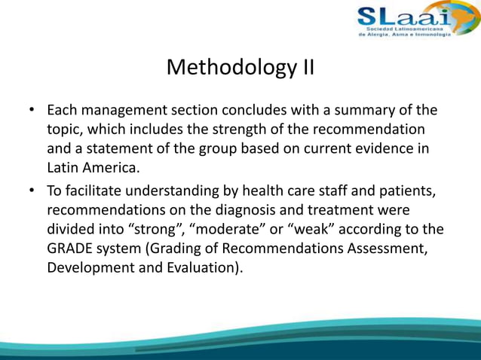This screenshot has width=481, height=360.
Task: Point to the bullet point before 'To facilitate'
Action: click(x=33, y=190)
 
